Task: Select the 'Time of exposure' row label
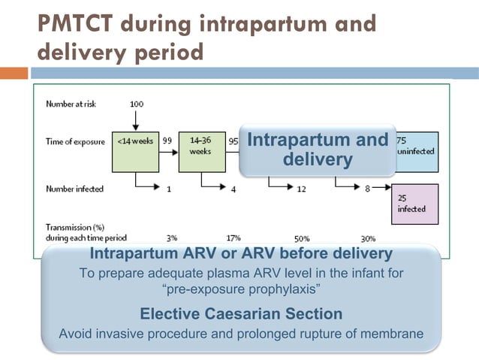point(74,141)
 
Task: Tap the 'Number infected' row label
point(74,189)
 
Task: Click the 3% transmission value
point(172,237)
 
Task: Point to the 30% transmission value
point(368,237)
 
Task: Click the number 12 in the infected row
point(301,189)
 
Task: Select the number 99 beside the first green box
point(167,141)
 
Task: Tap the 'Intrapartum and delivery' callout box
point(318,150)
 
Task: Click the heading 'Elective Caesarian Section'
point(240,313)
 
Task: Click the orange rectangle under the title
point(14,73)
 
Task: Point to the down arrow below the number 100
point(136,120)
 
